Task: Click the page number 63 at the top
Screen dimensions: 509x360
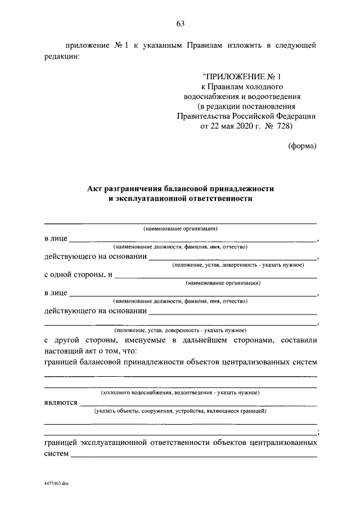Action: click(181, 24)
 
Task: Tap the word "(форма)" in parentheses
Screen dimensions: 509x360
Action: click(303, 146)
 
